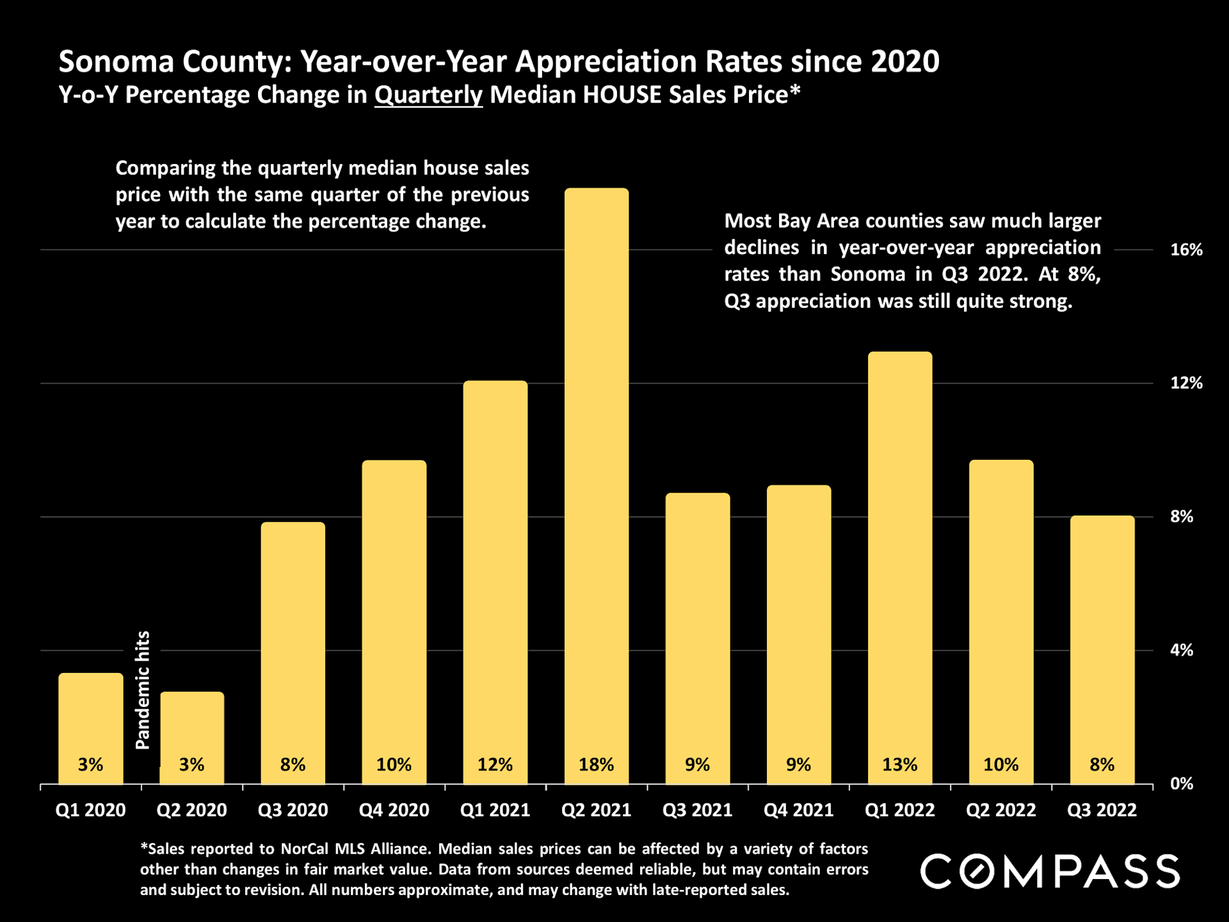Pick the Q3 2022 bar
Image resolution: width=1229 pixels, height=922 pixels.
[1102, 640]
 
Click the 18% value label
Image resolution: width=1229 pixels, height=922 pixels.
[596, 764]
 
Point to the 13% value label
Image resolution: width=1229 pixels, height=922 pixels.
[899, 764]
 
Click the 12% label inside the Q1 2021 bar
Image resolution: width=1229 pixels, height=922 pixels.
[495, 764]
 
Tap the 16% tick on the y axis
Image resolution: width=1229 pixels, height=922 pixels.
[1186, 250]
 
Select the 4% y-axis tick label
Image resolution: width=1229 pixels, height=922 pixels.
[1182, 651]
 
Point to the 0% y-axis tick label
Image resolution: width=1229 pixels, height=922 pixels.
[1182, 784]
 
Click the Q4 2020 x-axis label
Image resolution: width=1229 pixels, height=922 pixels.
[394, 811]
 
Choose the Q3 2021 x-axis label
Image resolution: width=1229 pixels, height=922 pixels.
[697, 811]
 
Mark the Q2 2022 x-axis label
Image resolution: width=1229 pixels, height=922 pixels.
[1000, 811]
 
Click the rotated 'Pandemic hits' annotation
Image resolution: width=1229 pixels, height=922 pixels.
[143, 690]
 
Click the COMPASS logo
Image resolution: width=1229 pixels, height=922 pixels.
[1050, 871]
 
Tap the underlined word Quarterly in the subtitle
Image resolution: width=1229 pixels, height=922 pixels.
[428, 95]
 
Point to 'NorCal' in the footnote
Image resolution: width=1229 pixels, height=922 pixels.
[304, 849]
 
